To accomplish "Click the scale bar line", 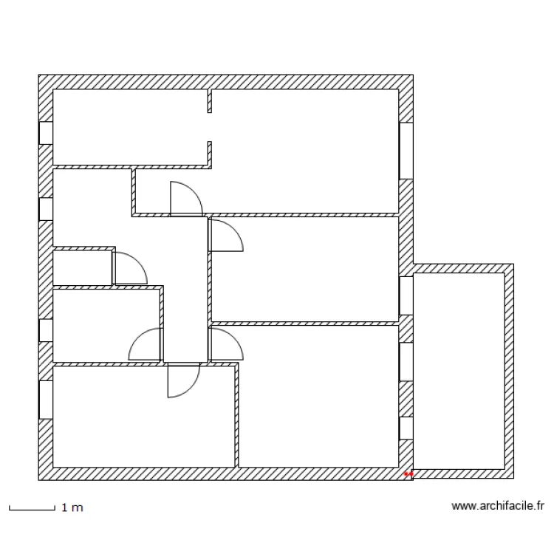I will [x=32, y=509].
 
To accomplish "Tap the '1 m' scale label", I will [x=72, y=508].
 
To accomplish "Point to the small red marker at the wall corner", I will [x=408, y=473].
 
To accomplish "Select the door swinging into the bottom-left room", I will [x=182, y=380].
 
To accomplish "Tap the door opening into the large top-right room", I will [x=185, y=199].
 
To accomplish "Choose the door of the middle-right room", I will [x=225, y=236].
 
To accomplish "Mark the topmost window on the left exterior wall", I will [x=46, y=133].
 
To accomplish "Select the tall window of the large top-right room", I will [x=406, y=151].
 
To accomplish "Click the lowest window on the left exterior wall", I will [x=46, y=400].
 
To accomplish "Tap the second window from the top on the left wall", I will [x=46, y=209].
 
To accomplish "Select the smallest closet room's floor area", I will [x=82, y=267].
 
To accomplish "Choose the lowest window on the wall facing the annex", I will [x=406, y=428].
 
